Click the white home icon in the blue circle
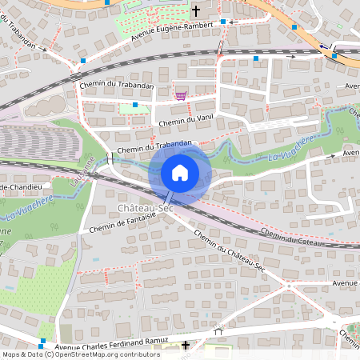pos(180,172)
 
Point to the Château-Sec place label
pos(146,208)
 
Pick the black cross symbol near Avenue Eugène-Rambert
pos(195,12)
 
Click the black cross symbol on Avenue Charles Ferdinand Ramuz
pos(186,346)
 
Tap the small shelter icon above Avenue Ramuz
pos(218,330)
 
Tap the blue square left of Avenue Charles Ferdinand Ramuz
pos(42,342)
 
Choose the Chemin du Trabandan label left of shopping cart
pos(117,85)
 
